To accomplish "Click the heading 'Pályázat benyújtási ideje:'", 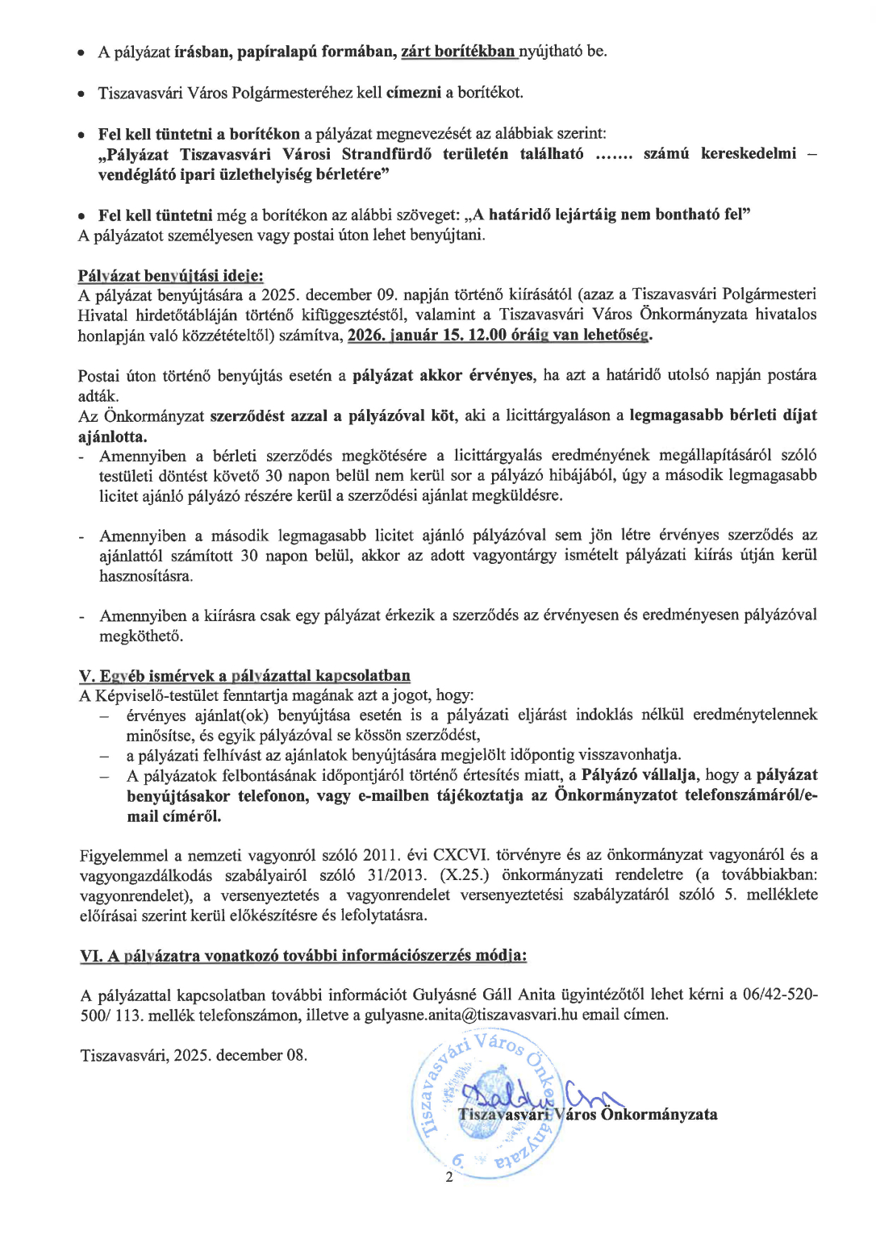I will click(170, 276).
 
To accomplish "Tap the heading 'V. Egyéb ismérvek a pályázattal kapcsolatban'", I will click(244, 675).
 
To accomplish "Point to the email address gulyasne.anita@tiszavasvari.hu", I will click(471, 1015).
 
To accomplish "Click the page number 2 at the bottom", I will click(449, 1177).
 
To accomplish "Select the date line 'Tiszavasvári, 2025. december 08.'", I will click(194, 1055).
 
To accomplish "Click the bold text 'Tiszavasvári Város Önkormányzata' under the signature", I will click(587, 1115).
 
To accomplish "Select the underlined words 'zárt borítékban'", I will click(457, 52).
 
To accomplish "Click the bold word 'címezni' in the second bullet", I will click(414, 93).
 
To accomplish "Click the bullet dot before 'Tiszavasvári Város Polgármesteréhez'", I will click(82, 94).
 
